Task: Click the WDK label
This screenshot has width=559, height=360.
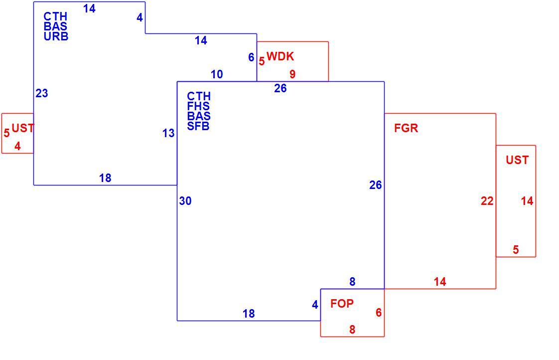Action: [x=280, y=56]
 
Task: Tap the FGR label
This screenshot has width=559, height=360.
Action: [x=406, y=128]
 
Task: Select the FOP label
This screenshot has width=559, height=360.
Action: [x=342, y=304]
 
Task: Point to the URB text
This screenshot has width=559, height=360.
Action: [x=56, y=36]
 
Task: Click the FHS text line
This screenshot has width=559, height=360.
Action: [x=198, y=106]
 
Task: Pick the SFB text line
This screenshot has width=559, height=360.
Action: [x=198, y=126]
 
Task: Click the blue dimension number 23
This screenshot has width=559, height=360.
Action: [x=42, y=93]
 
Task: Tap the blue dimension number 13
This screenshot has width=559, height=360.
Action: [x=168, y=133]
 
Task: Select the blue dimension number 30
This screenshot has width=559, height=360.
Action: [x=185, y=201]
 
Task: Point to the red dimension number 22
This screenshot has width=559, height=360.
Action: [x=487, y=201]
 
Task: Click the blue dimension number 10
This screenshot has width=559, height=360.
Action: [x=217, y=74]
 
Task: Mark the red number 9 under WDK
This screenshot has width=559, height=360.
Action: [x=292, y=74]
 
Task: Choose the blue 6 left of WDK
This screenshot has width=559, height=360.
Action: [x=251, y=57]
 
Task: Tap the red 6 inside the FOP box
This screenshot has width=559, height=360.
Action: [x=379, y=313]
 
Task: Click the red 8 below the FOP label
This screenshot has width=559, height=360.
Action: [x=352, y=329]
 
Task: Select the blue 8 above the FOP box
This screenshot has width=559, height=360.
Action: [x=352, y=282]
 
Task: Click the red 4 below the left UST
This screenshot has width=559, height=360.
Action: [x=17, y=146]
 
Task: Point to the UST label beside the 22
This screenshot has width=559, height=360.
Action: [x=517, y=160]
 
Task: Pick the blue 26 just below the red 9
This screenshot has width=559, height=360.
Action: [x=280, y=88]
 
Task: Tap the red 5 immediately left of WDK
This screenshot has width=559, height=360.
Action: [x=262, y=61]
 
